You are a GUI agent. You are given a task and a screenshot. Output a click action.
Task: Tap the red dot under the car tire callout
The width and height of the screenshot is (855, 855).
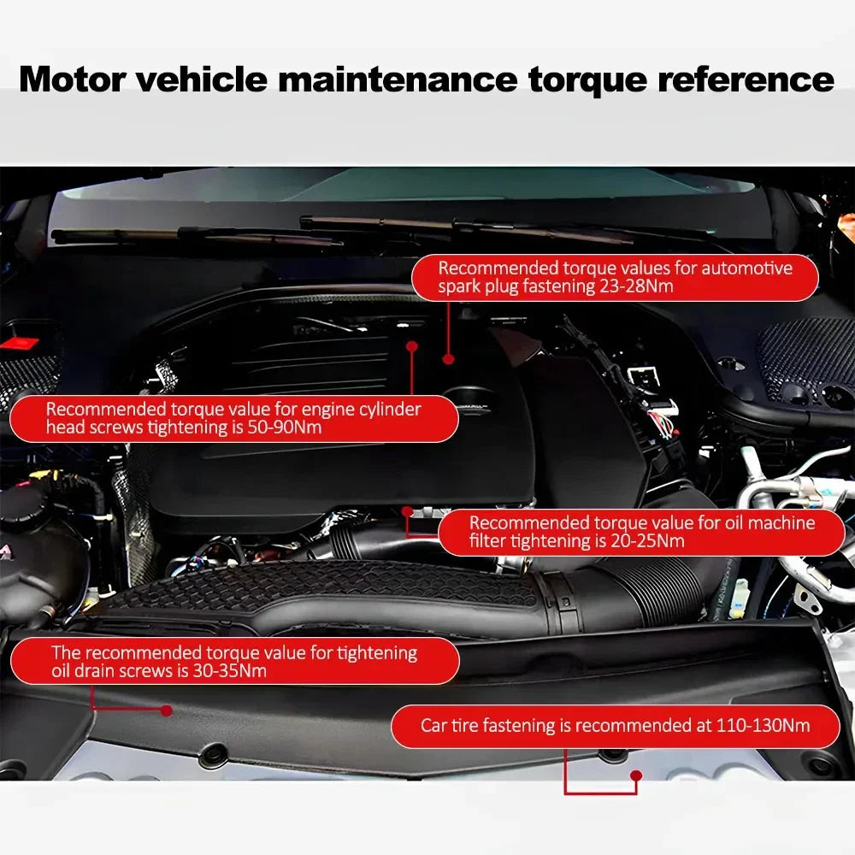click(x=635, y=776)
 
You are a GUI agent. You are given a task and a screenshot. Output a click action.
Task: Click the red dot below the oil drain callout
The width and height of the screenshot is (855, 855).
click(x=166, y=710)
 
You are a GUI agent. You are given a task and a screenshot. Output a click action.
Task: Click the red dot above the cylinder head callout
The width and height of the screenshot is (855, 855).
click(x=411, y=346)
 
